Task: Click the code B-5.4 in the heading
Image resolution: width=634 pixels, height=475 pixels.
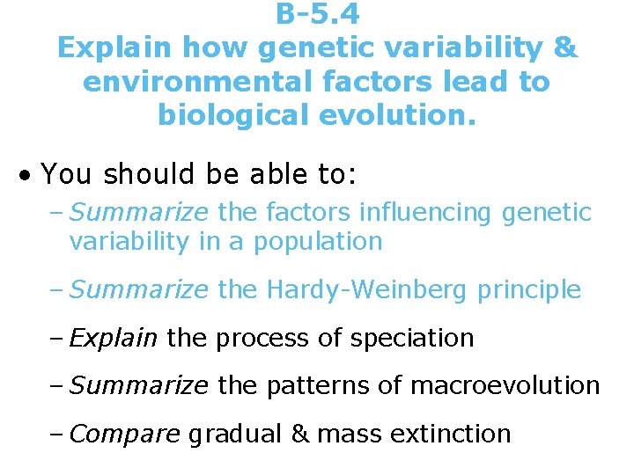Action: pyautogui.click(x=317, y=14)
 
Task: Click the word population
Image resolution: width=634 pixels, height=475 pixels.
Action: pyautogui.click(x=318, y=241)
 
